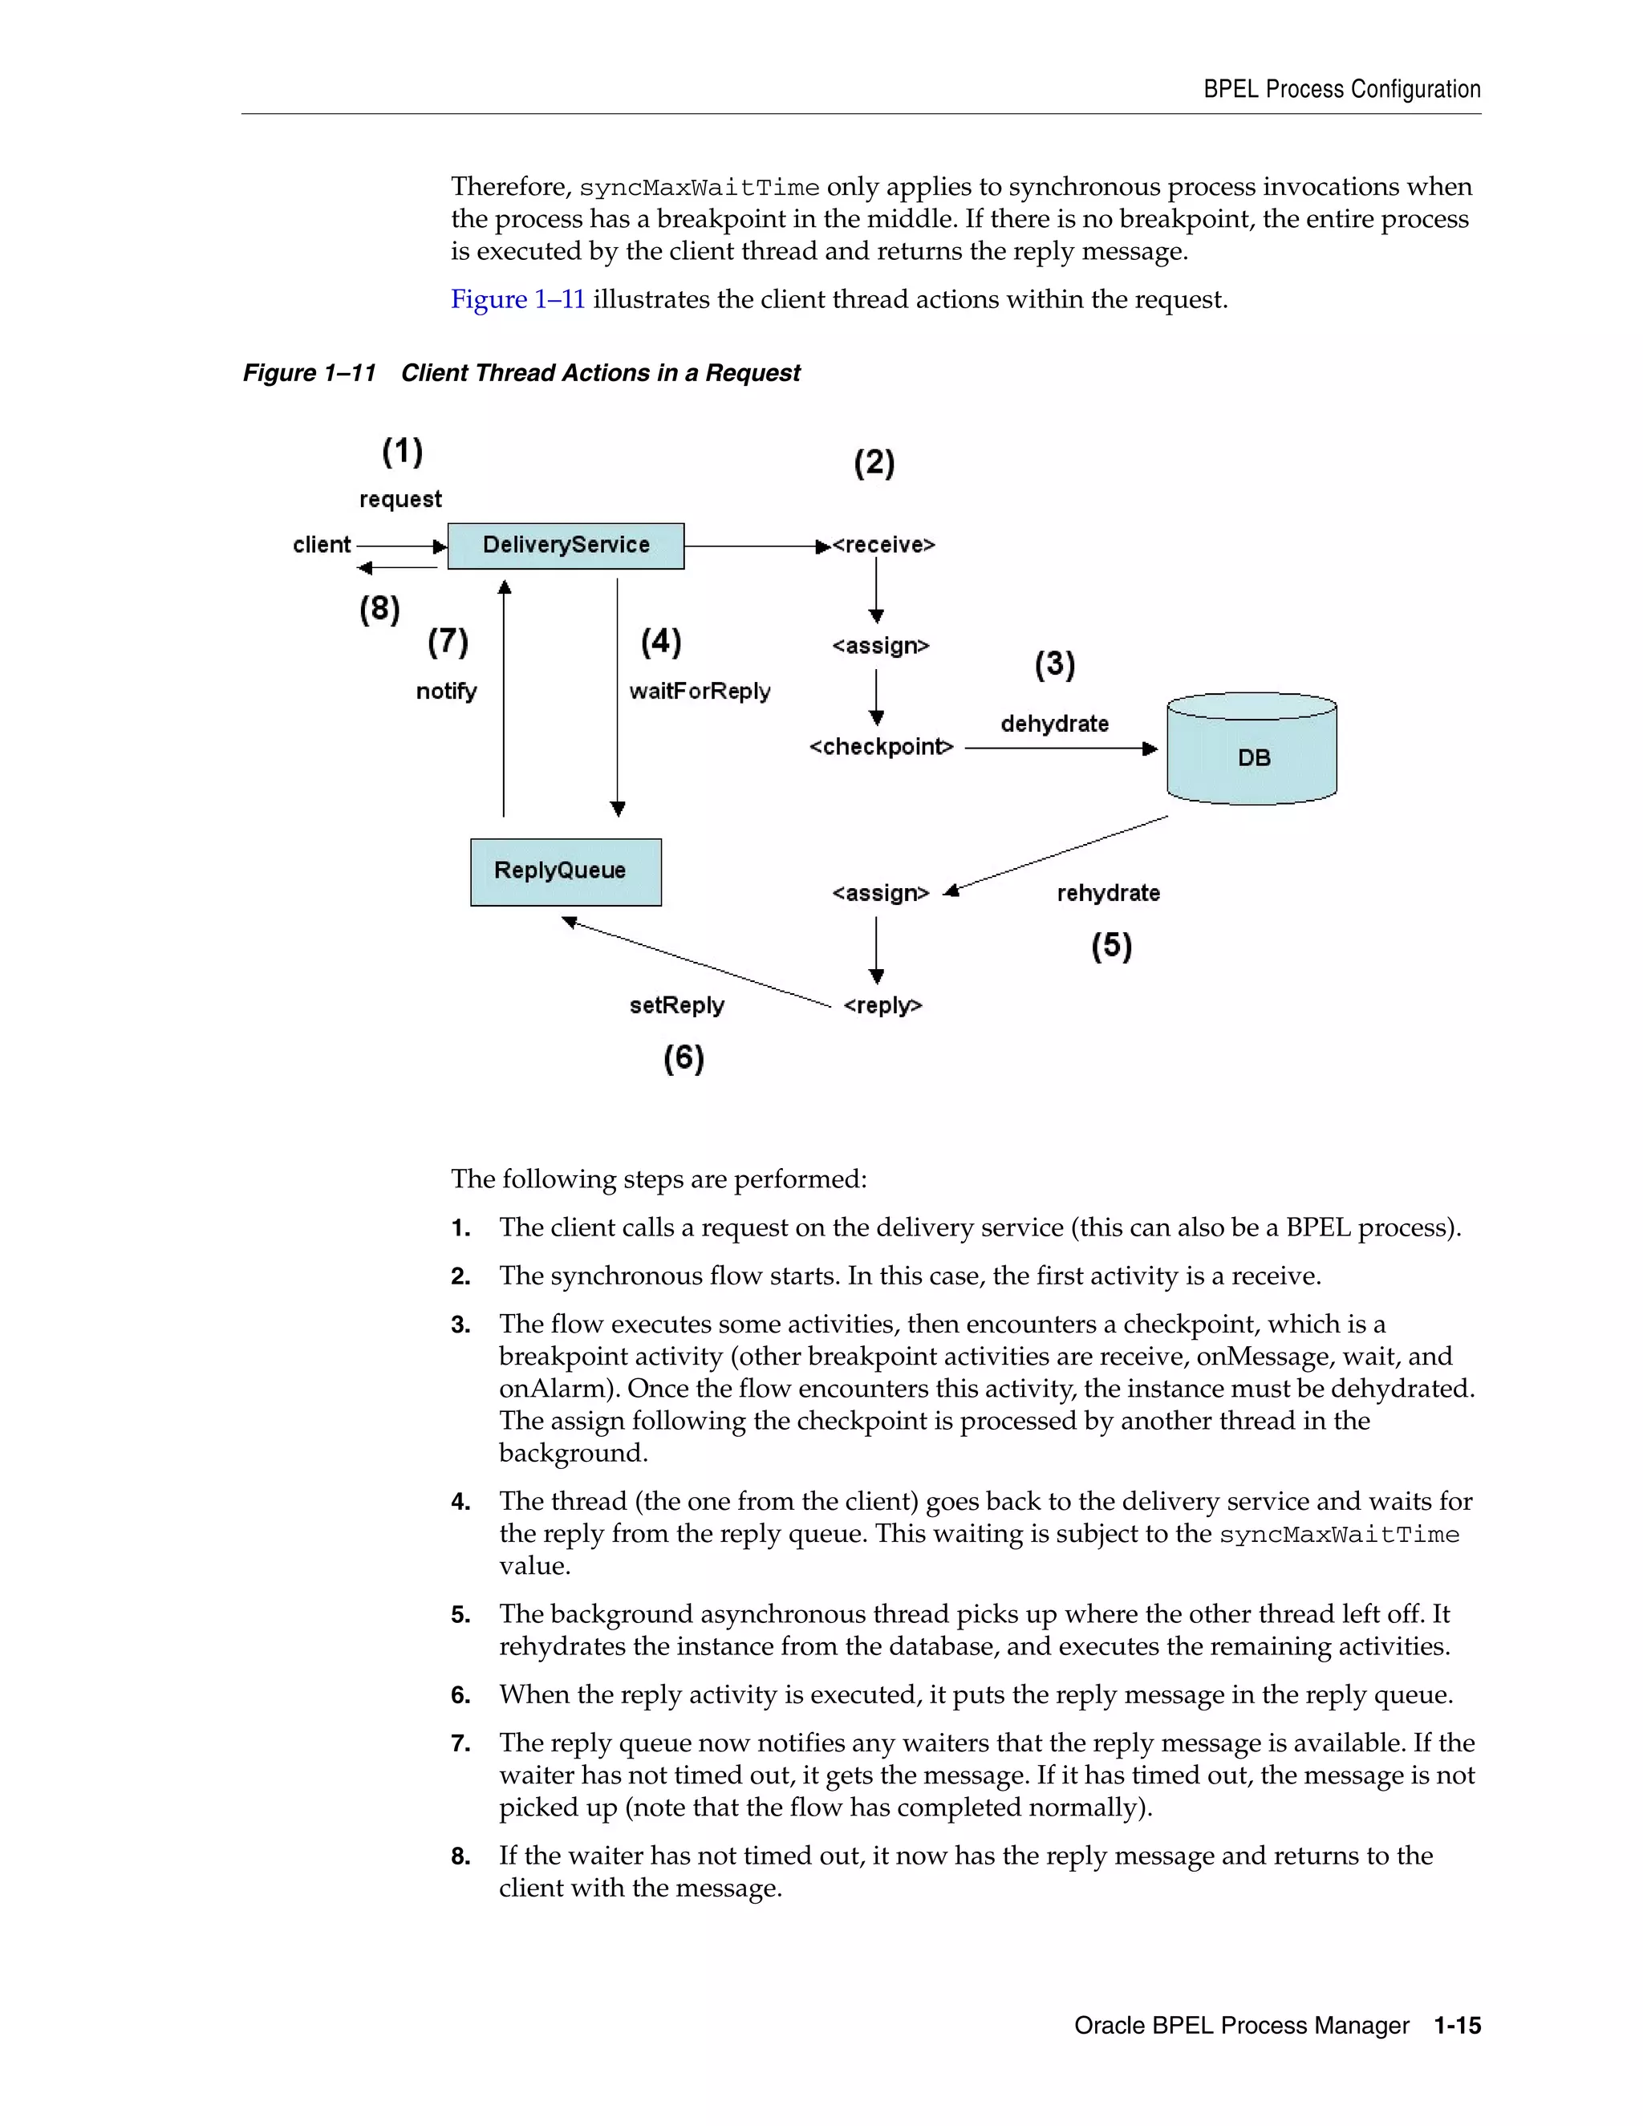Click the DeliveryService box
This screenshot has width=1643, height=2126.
(566, 545)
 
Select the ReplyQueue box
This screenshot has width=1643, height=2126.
(566, 871)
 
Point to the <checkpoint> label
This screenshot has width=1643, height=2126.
(881, 748)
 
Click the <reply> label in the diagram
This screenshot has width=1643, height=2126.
(882, 1005)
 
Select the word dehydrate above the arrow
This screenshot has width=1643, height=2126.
(1054, 724)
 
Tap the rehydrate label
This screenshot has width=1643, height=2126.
(1108, 894)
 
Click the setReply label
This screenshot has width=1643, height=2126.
(676, 1005)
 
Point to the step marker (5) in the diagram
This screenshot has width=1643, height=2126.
(1110, 946)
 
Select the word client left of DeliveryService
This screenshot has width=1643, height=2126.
(321, 545)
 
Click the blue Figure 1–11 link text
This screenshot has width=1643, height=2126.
(517, 300)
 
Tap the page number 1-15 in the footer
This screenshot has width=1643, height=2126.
(1457, 2026)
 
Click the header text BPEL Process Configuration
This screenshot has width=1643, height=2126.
(1341, 90)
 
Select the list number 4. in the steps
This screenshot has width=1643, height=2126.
(460, 1502)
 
